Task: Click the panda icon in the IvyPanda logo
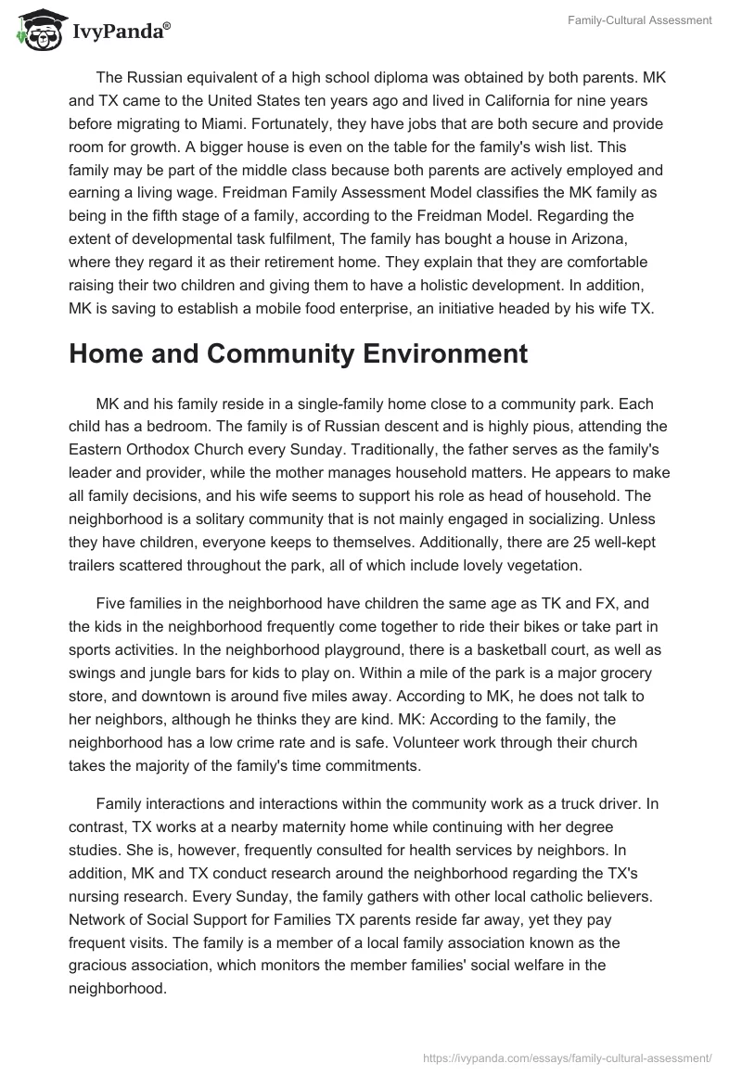coord(35,31)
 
